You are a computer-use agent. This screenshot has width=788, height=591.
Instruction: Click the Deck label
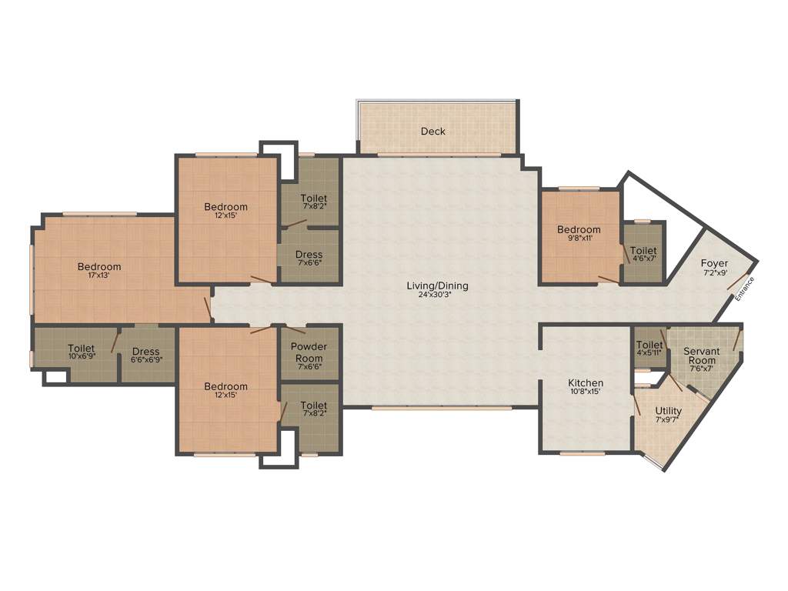(x=432, y=132)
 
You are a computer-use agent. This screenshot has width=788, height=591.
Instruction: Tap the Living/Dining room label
(x=437, y=286)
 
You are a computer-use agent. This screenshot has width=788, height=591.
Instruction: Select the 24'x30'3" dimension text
(x=437, y=295)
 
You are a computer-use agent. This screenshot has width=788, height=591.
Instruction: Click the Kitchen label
(x=586, y=383)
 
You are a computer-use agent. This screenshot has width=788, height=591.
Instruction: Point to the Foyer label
(x=714, y=263)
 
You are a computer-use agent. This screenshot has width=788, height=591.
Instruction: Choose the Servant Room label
(x=701, y=356)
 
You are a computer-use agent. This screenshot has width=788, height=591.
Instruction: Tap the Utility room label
(x=668, y=412)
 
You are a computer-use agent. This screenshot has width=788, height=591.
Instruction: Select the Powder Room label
(x=309, y=352)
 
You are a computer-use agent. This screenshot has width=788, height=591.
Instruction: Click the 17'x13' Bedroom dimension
(x=98, y=276)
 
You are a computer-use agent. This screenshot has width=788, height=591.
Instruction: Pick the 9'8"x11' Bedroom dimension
(x=579, y=239)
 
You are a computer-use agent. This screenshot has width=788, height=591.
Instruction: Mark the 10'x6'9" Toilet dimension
(x=81, y=357)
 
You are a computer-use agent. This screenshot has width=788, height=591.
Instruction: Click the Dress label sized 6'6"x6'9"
(x=145, y=352)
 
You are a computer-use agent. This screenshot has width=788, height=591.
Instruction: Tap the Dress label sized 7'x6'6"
(x=309, y=255)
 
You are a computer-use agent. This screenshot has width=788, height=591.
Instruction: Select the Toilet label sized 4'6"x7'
(x=643, y=251)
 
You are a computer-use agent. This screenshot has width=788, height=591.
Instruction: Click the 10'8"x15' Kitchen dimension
(x=586, y=392)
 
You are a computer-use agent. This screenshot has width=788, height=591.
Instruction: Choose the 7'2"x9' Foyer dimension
(x=714, y=272)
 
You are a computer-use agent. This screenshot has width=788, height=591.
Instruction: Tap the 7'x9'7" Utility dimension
(x=668, y=420)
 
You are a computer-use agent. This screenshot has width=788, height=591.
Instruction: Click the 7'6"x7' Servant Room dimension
(x=701, y=369)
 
